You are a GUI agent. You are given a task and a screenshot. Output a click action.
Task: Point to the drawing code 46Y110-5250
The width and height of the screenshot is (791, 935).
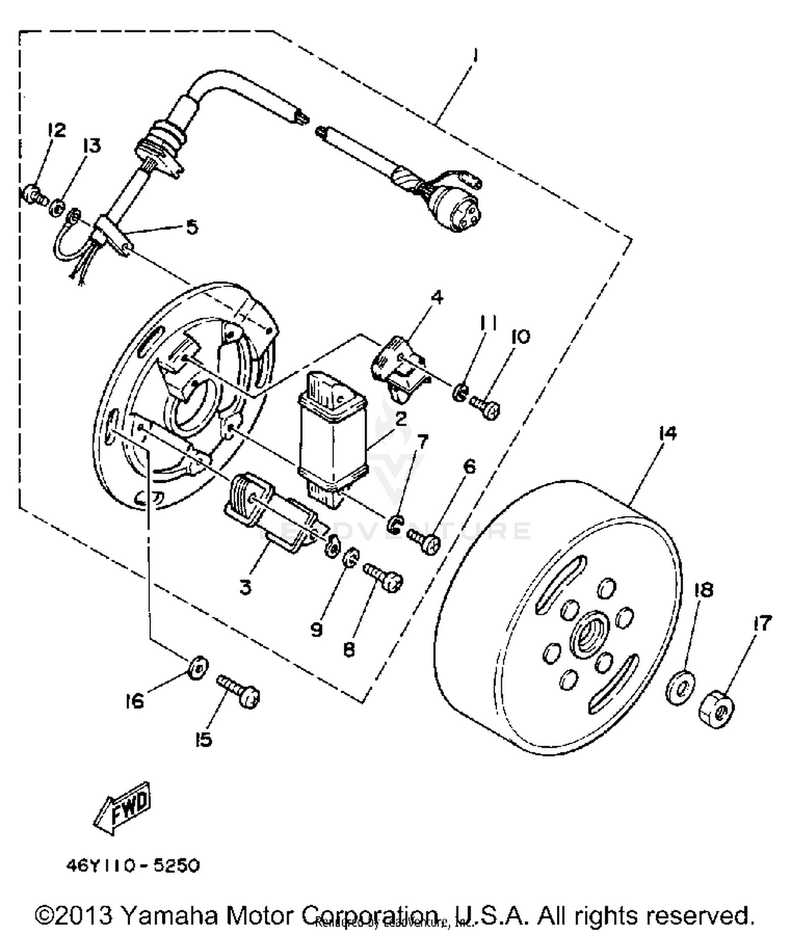[133, 865]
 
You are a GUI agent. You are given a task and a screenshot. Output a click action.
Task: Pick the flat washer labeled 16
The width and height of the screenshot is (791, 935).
[198, 668]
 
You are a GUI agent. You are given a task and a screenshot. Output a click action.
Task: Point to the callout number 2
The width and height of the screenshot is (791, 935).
[401, 419]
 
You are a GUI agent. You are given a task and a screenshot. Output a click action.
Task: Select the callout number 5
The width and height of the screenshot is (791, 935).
[191, 228]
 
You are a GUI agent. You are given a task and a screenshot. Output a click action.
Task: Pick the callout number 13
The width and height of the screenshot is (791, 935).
[92, 146]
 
